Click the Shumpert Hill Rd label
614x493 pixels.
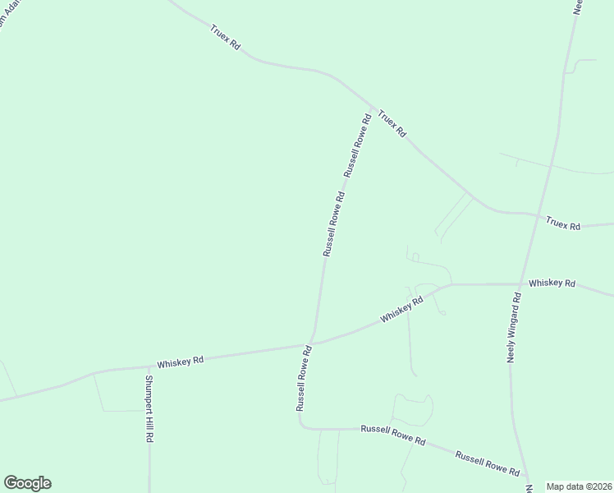149,409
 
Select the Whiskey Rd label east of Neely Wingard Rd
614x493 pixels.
552,283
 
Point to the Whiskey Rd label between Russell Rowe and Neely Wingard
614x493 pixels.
401,310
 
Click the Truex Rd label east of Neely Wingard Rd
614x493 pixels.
563,223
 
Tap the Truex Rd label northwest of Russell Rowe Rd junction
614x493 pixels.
224,36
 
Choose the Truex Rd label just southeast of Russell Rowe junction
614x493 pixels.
392,122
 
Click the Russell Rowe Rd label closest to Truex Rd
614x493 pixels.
358,145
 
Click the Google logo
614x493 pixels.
27,483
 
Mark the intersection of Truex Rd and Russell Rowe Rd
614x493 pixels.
373,108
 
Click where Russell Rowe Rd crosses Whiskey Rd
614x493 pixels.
310,344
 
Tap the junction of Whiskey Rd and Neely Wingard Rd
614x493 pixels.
520,284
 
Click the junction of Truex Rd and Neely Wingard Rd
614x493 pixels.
538,216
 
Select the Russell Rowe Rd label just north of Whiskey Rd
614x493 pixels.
333,223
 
